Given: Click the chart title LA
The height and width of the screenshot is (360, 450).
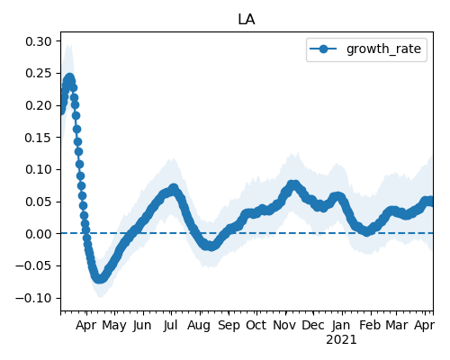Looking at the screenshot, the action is (x=247, y=20).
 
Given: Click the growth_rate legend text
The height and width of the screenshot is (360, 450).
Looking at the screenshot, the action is (x=383, y=49).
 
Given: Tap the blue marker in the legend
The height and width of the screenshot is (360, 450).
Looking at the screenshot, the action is (x=323, y=49).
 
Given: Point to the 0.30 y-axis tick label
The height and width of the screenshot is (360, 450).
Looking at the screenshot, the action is (x=39, y=41).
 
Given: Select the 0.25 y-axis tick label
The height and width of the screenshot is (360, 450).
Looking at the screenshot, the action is (x=39, y=74).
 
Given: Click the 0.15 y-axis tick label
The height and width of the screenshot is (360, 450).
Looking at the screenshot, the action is (x=39, y=138).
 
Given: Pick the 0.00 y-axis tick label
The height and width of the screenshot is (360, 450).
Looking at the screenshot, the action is (x=39, y=234).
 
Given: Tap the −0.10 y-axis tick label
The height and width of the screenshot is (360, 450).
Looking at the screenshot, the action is (x=34, y=298).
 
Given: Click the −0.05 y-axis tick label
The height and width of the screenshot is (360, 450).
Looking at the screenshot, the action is (x=34, y=266).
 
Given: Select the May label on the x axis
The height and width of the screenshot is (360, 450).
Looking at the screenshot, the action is (x=114, y=326).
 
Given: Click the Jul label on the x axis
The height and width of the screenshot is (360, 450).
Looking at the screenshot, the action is (x=171, y=325).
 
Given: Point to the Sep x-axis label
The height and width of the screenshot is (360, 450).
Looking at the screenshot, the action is (x=229, y=326).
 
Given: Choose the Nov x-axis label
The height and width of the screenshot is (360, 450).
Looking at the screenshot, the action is (x=285, y=325).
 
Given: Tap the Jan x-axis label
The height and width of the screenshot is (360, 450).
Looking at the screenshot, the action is (x=341, y=325).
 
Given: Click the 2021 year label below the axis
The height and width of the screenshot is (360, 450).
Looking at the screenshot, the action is (x=341, y=340).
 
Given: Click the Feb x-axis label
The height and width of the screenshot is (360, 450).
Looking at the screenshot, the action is (x=370, y=325).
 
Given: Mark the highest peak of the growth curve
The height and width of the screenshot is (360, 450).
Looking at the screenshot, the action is (x=70, y=78).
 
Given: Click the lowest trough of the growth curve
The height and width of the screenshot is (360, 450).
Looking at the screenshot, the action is (x=99, y=279).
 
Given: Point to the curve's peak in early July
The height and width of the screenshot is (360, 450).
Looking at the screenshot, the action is (x=174, y=189).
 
